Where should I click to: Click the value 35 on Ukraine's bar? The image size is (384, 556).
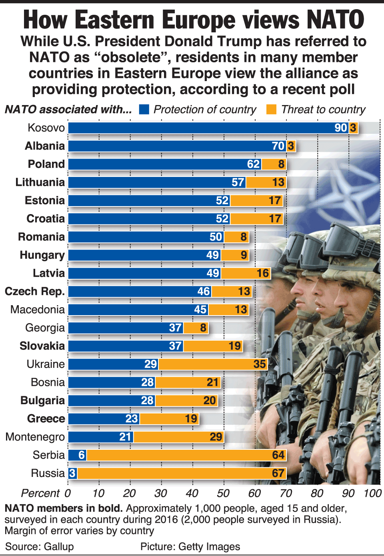[260, 364]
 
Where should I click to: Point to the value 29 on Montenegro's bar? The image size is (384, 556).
[216, 437]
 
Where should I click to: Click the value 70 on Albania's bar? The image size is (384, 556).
[278, 146]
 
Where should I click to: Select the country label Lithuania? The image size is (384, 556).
[40, 183]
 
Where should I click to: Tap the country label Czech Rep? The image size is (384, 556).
[35, 292]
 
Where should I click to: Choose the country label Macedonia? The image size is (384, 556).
[38, 310]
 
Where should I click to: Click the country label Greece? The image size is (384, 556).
[46, 419]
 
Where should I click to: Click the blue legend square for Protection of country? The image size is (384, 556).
[144, 109]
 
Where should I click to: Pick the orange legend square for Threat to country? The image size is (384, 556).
[271, 109]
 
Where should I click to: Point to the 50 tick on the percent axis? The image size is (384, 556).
[223, 493]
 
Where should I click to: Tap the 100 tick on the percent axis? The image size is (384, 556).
[372, 493]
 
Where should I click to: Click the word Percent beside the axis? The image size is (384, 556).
[40, 493]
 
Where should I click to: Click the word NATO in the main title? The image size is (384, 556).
[336, 20]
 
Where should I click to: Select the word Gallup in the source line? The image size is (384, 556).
[59, 546]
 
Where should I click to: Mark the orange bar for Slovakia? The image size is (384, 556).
[213, 346]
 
